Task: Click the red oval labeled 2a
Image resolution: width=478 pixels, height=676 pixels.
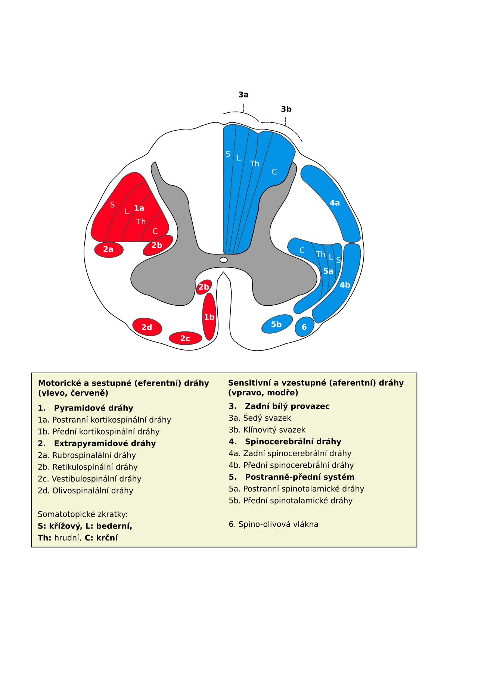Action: (x=109, y=249)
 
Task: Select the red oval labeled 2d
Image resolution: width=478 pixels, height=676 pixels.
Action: (x=147, y=327)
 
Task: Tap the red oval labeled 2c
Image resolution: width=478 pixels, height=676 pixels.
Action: (x=186, y=338)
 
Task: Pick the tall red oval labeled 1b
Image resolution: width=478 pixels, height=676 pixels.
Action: (x=209, y=317)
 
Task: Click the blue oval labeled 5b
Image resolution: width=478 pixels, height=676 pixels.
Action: (x=277, y=324)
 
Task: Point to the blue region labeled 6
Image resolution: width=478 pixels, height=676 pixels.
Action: (x=304, y=327)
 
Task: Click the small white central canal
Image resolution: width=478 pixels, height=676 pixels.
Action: (x=224, y=260)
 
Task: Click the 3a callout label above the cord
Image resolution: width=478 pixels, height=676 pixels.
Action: (x=243, y=95)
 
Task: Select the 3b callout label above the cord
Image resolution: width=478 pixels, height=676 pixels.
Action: (x=286, y=109)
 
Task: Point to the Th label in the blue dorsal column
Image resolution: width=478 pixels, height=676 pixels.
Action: (x=255, y=163)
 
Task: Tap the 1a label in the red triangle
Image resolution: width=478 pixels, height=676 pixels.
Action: (x=139, y=208)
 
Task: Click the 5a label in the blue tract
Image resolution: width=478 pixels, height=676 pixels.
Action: (x=329, y=271)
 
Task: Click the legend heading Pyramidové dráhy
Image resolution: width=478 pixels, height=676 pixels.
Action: (x=94, y=408)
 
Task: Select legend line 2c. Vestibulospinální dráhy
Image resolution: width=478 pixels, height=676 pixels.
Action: (x=90, y=479)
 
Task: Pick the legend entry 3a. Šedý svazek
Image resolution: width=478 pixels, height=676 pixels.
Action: (x=260, y=418)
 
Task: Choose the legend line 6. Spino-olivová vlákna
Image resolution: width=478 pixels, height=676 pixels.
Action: (x=274, y=524)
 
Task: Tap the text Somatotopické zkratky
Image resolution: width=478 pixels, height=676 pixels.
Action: (x=83, y=514)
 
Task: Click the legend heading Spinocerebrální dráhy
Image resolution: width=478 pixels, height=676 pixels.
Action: (x=293, y=442)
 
